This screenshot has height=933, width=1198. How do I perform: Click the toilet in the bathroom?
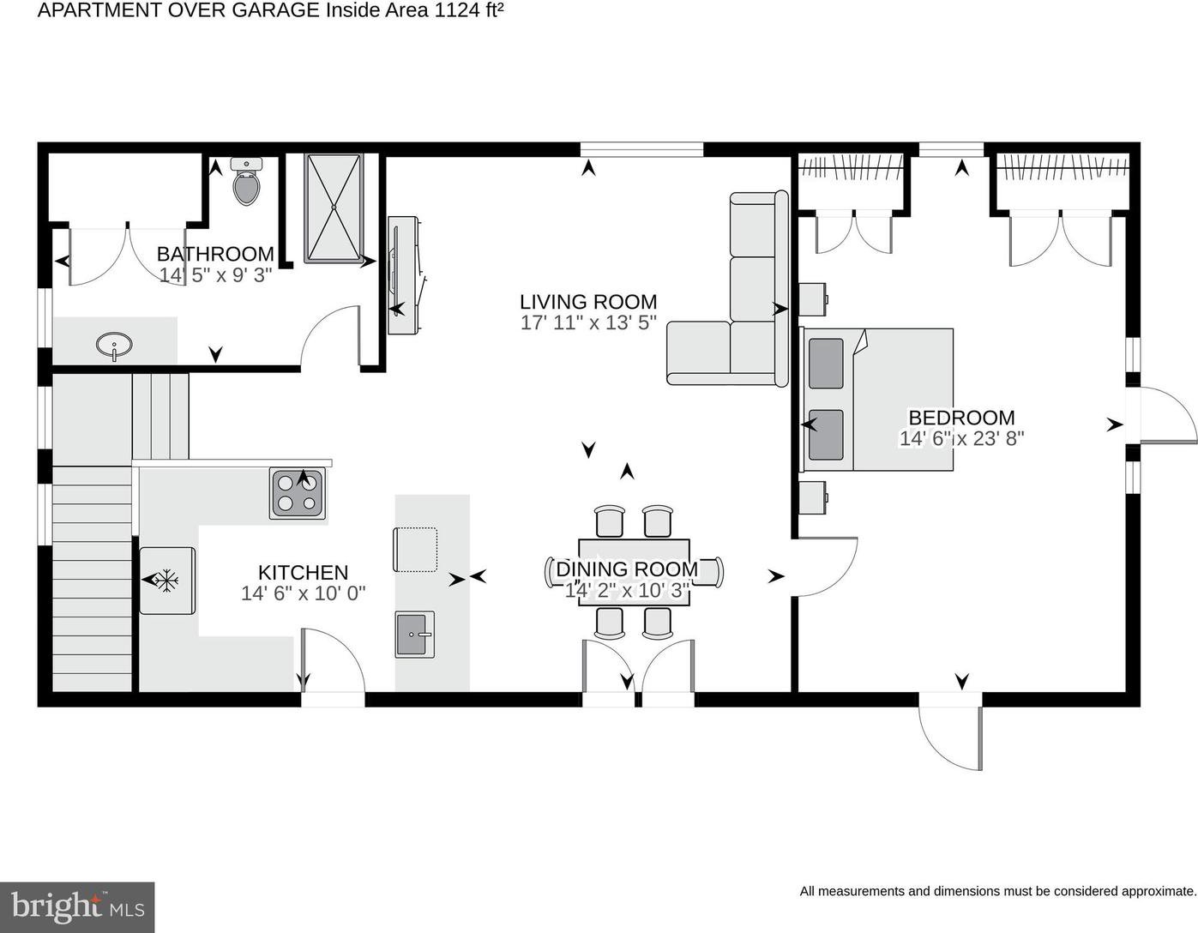tap(246, 181)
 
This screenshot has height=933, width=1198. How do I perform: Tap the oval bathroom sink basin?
tap(114, 346)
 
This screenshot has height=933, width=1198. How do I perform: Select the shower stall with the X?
tap(334, 208)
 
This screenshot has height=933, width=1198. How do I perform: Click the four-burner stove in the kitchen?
tap(298, 493)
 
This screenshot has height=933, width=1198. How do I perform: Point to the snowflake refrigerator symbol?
tap(166, 580)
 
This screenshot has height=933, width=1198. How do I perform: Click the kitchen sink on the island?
tap(414, 635)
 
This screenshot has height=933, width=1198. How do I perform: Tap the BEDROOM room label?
tap(961, 418)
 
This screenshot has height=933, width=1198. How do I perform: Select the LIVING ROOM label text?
tap(588, 302)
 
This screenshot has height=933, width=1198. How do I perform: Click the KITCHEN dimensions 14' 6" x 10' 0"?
tap(304, 593)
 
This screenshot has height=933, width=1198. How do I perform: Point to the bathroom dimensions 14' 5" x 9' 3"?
tap(216, 275)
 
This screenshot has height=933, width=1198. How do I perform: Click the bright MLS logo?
tap(77, 907)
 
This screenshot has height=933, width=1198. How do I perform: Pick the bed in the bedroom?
tap(877, 400)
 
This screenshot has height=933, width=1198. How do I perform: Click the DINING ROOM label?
tap(627, 569)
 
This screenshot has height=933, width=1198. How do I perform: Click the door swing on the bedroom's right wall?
tap(1169, 414)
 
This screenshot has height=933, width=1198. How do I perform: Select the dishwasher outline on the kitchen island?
tap(415, 550)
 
